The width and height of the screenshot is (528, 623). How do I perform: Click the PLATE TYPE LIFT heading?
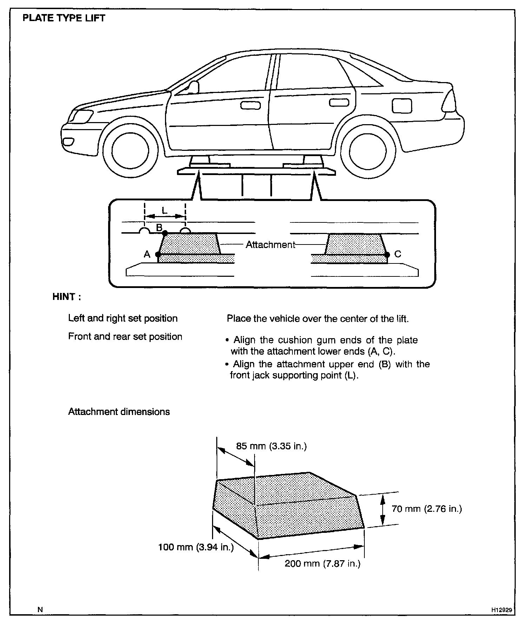[x=64, y=18]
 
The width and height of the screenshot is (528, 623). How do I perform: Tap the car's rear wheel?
[x=368, y=151]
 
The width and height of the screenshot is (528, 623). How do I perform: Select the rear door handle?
[x=339, y=102]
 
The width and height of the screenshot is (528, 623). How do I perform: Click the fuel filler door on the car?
[x=402, y=105]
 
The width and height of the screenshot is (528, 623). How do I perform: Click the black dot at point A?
[x=158, y=254]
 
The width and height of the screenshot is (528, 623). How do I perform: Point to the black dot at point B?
[x=165, y=232]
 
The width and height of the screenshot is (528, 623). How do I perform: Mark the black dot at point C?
[x=387, y=255]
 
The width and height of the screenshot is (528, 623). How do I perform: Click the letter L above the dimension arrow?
[x=165, y=210]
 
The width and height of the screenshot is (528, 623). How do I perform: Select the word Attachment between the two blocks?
[x=270, y=244]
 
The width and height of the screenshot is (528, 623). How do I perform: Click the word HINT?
[x=66, y=297]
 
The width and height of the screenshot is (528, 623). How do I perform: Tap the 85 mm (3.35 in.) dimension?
[x=271, y=446]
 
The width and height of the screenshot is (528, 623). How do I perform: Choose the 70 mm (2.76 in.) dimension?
[x=427, y=508]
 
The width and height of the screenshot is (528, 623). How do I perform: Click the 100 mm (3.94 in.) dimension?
[x=196, y=547]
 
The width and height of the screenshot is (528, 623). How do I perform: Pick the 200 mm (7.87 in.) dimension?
[x=322, y=563]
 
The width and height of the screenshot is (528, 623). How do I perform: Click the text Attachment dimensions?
[x=119, y=411]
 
